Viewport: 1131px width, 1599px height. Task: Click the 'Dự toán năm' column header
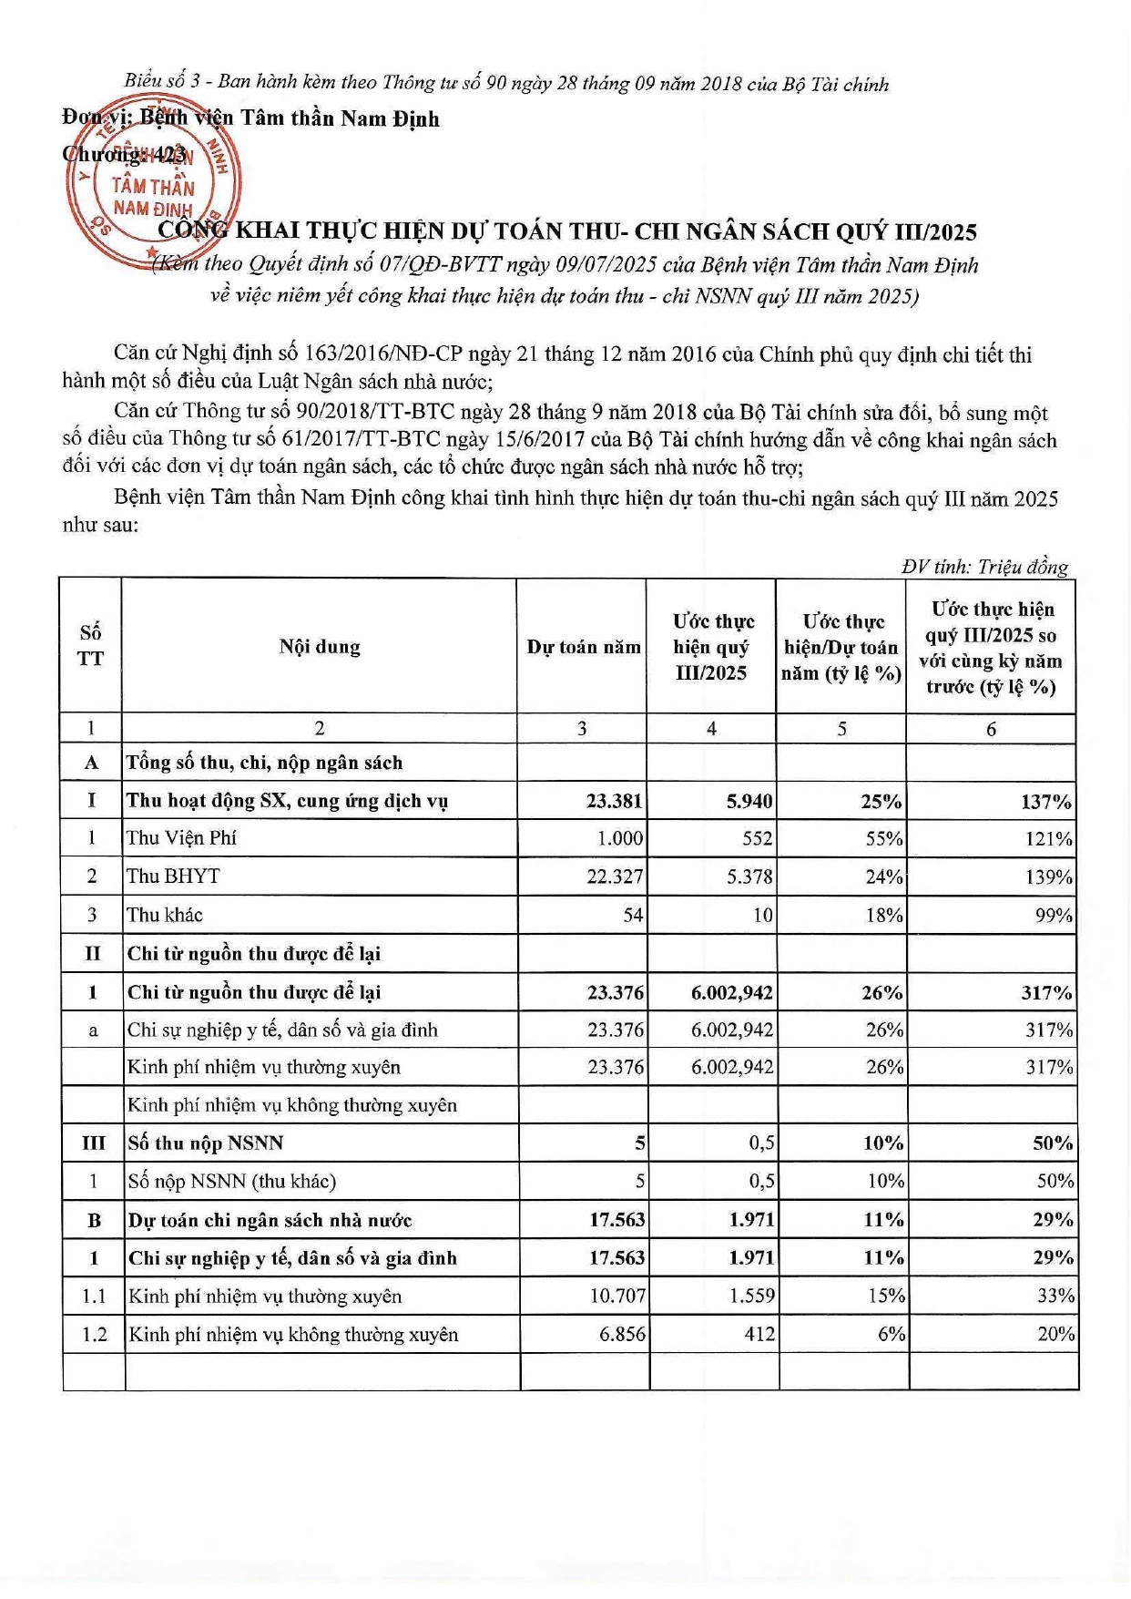click(x=584, y=647)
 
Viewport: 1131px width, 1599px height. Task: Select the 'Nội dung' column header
click(x=320, y=647)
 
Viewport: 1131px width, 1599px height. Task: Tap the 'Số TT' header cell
click(x=90, y=646)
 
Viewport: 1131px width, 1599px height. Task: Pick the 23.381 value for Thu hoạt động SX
click(x=614, y=801)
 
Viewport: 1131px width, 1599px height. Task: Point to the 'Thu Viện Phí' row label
click(x=181, y=838)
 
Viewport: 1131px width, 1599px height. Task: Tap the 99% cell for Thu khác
click(x=1054, y=915)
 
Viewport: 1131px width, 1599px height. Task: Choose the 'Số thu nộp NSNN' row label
click(x=206, y=1143)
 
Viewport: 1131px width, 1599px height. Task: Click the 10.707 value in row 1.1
click(x=617, y=1296)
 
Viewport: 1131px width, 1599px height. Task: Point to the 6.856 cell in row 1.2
click(x=622, y=1334)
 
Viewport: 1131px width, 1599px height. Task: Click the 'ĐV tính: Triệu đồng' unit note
click(x=984, y=567)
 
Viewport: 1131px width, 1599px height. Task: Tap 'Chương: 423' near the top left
click(x=125, y=154)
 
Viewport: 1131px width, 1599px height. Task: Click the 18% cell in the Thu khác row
click(x=884, y=915)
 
